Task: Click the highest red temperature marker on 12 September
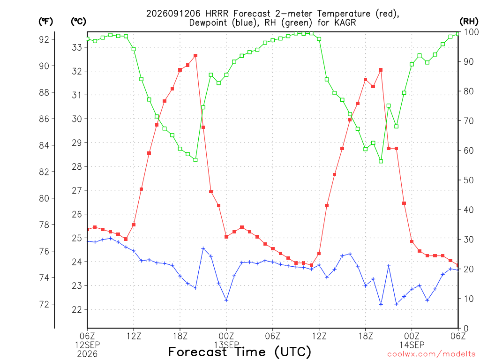[195, 56]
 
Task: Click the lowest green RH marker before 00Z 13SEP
[195, 160]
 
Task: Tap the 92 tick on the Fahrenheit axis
[44, 39]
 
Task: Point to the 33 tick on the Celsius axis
[77, 47]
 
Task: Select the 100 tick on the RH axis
[472, 32]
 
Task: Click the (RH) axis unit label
[469, 21]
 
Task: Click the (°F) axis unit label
[45, 21]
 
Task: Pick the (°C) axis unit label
[78, 21]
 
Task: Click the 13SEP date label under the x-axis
[226, 345]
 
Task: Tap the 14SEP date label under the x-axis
[412, 345]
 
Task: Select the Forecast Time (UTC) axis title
[240, 352]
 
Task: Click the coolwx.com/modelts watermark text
[431, 354]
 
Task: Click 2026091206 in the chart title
[173, 14]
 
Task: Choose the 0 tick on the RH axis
[466, 328]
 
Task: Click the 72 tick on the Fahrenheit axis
[44, 304]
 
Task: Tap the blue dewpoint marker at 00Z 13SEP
[226, 300]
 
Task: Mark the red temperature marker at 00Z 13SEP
[226, 237]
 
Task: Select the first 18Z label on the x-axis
[180, 336]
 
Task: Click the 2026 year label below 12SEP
[87, 354]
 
